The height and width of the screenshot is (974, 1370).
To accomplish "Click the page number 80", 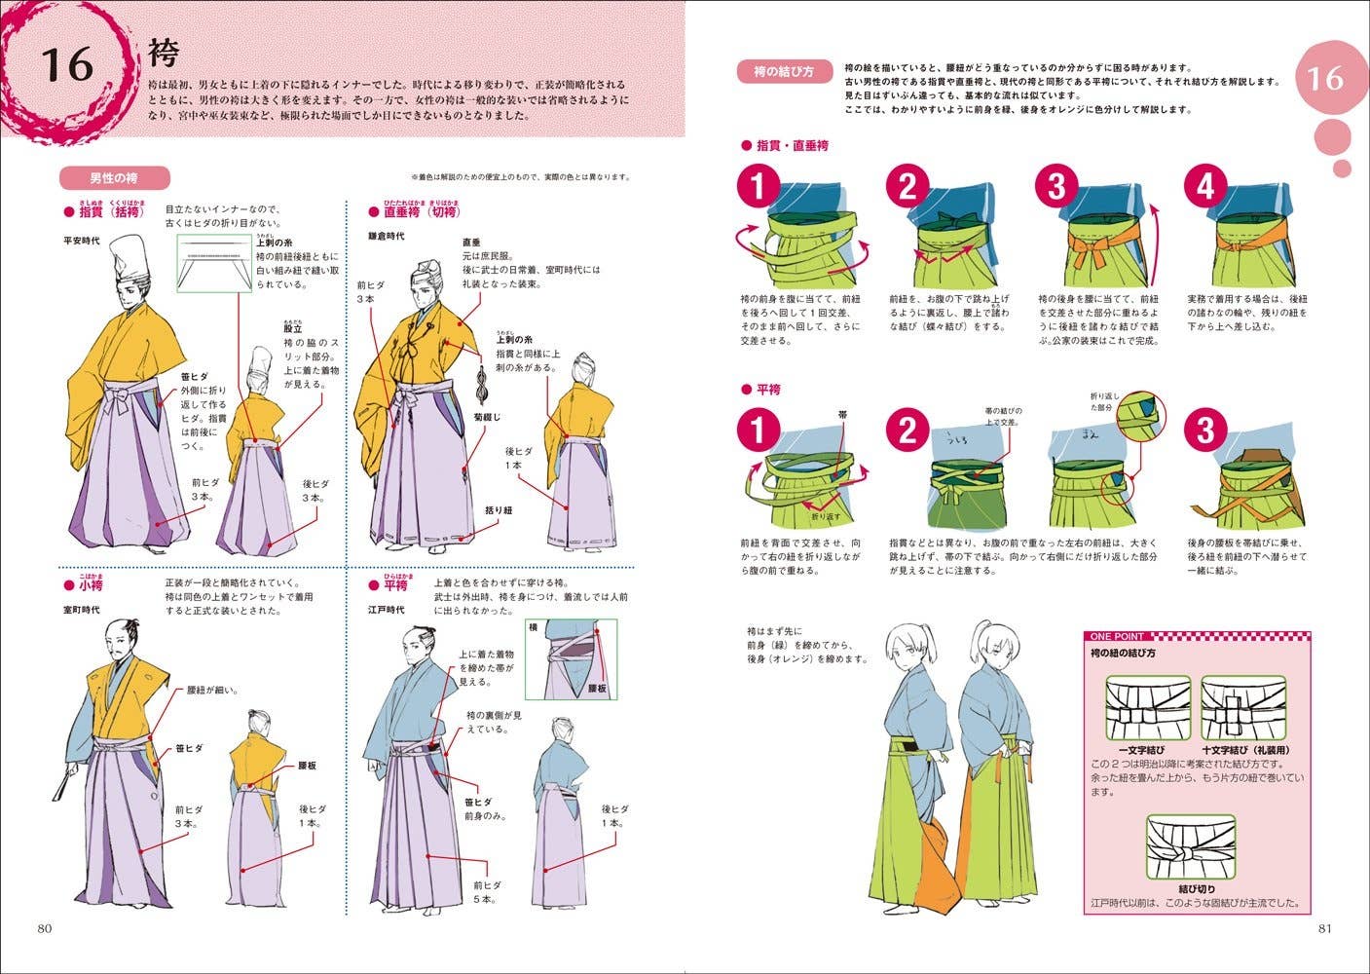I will pyautogui.click(x=44, y=927).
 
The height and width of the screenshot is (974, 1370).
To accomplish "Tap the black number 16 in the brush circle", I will pyautogui.click(x=67, y=65).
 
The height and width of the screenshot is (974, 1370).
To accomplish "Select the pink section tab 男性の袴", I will pyautogui.click(x=114, y=178).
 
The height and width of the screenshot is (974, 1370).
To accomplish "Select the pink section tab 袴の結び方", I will pyautogui.click(x=783, y=71).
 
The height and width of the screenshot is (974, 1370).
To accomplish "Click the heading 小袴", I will pyautogui.click(x=91, y=586).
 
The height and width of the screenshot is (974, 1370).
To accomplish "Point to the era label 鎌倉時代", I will pyautogui.click(x=387, y=237).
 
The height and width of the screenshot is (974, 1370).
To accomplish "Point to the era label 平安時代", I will pyautogui.click(x=82, y=240).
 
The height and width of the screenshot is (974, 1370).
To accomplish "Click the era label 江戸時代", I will pyautogui.click(x=387, y=610).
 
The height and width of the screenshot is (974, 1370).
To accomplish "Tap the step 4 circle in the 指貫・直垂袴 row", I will pyautogui.click(x=1204, y=185).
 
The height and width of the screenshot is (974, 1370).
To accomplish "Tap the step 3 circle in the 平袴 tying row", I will pyautogui.click(x=1204, y=430).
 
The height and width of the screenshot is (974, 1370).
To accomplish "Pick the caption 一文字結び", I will pyautogui.click(x=1141, y=751).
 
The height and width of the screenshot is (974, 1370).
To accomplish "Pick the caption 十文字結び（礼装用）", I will pyautogui.click(x=1243, y=751).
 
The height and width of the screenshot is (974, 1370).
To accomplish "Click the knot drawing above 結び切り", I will pyautogui.click(x=1190, y=848).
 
